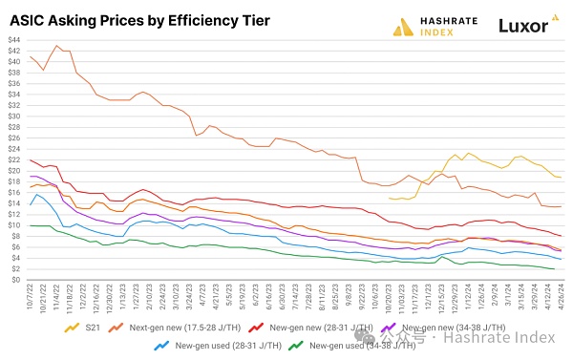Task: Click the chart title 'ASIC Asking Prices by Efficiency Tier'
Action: coord(139,19)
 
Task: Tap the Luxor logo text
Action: coord(527,25)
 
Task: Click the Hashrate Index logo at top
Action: coord(432,26)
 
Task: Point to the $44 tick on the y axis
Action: coord(13,39)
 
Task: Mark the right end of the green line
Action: coord(557,269)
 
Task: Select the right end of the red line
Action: coord(561,236)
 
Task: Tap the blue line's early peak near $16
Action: coord(37,194)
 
